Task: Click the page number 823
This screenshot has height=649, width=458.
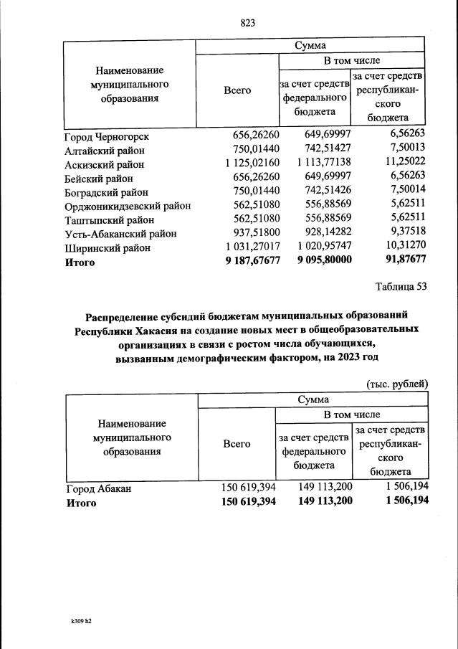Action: point(248,23)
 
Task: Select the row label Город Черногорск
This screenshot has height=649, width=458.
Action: point(107,136)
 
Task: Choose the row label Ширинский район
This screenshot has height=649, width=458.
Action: point(108,247)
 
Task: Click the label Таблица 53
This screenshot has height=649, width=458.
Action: point(401,288)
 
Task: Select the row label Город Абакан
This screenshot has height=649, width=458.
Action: point(99,489)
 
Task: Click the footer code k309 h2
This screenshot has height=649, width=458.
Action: point(76,622)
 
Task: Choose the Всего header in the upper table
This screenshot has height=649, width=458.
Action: point(237,90)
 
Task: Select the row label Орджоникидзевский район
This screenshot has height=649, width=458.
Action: point(128,206)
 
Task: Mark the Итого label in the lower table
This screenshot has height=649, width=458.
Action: point(81,503)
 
